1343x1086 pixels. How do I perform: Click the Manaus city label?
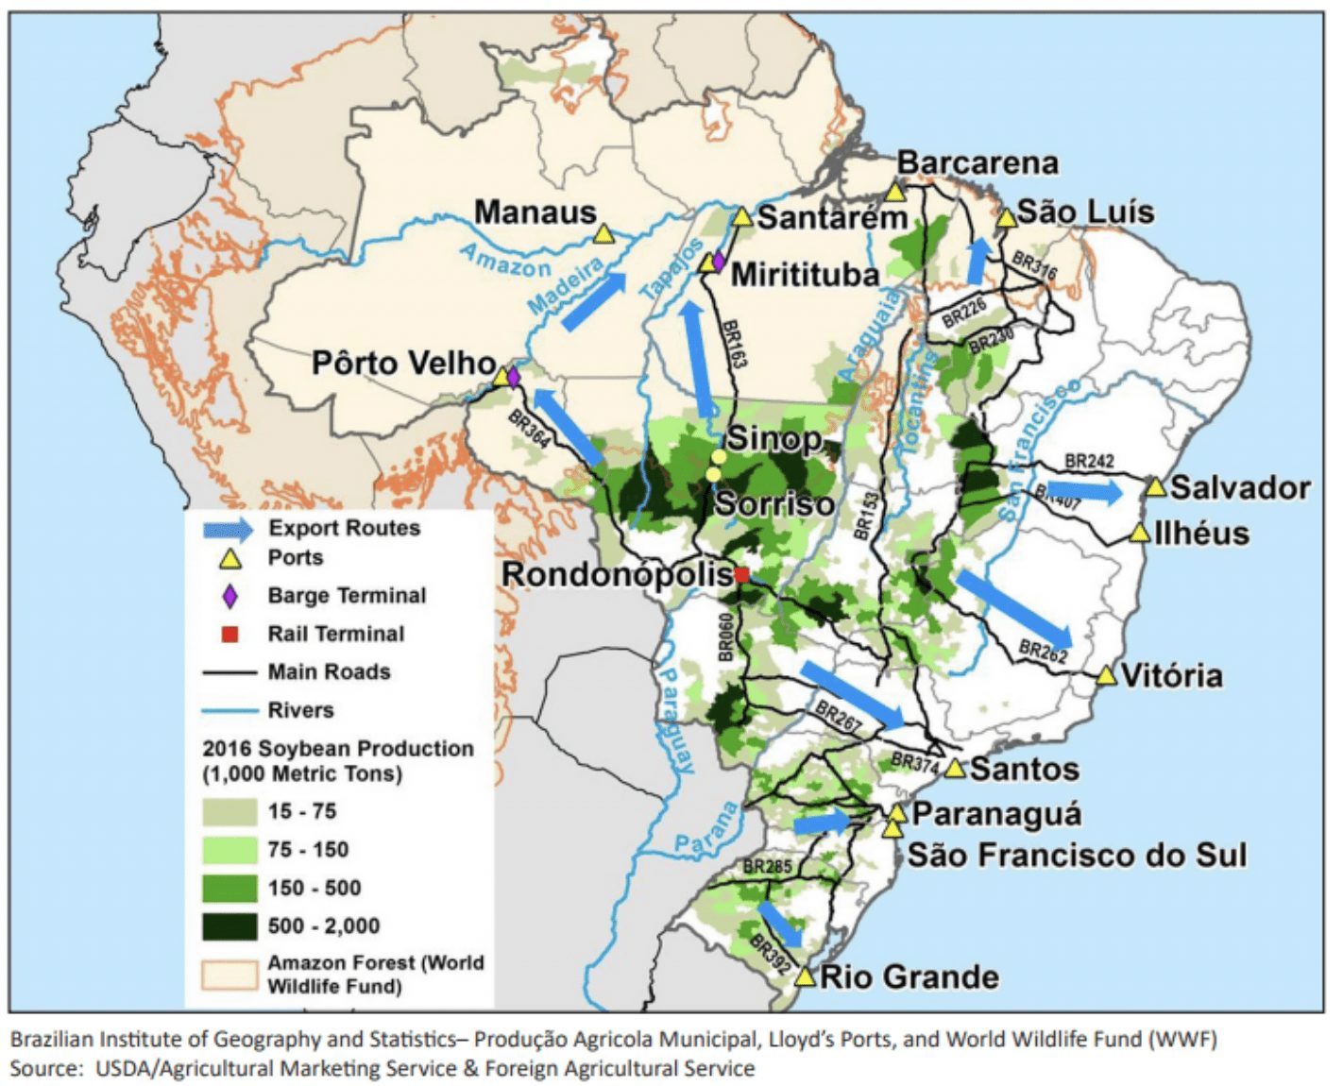pos(535,212)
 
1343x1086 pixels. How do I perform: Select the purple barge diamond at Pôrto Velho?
pos(513,378)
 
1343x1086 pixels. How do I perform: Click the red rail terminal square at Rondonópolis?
pos(742,574)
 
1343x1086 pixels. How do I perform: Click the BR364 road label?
pos(528,430)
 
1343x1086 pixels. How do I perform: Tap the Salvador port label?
pos(1240,487)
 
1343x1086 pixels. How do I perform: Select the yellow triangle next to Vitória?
pos(1107,675)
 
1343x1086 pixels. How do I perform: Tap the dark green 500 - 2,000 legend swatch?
pos(229,926)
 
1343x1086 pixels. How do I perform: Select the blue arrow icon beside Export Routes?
pos(229,529)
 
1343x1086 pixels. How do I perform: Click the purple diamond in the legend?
pos(229,596)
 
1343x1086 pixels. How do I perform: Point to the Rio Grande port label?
pos(909,976)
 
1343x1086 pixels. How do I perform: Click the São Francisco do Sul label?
pos(1077,856)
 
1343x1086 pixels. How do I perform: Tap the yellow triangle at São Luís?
pos(1007,218)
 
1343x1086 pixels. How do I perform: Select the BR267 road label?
pos(838,717)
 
